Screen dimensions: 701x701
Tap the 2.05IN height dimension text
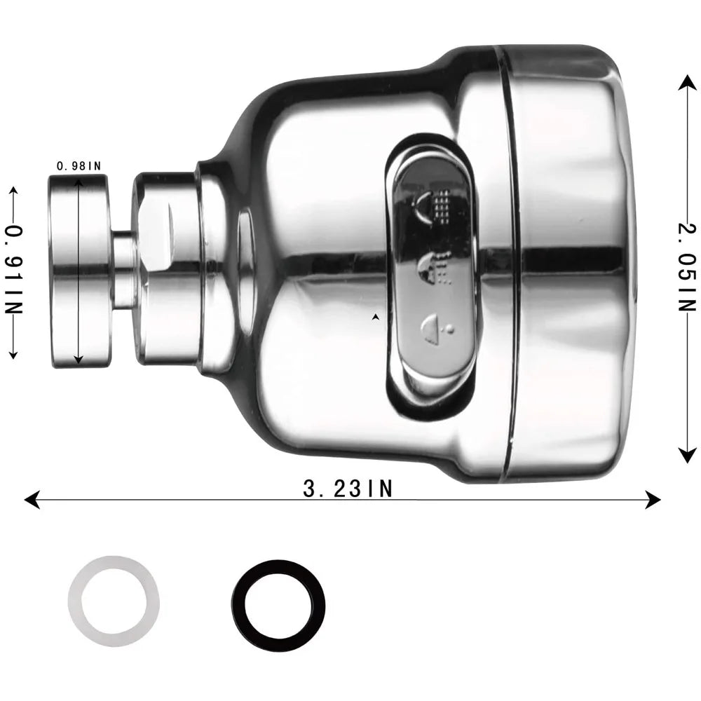pos(688,267)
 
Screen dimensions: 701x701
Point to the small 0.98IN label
pos(79,166)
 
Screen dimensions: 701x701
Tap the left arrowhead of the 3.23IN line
pos(30,499)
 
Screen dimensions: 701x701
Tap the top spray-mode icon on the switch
pos(435,204)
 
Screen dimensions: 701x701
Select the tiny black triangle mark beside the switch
pos(376,318)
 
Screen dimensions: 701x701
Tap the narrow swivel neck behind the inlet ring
pos(124,270)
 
